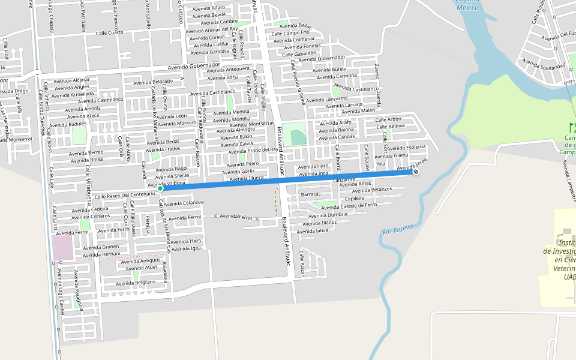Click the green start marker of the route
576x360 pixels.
point(160,188)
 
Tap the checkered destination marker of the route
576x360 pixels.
point(415,172)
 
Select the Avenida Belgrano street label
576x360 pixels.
point(136,282)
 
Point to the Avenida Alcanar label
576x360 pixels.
point(71,80)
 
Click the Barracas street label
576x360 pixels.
point(311,194)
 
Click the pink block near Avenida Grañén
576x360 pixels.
point(63,248)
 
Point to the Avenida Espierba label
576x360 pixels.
point(406,147)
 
